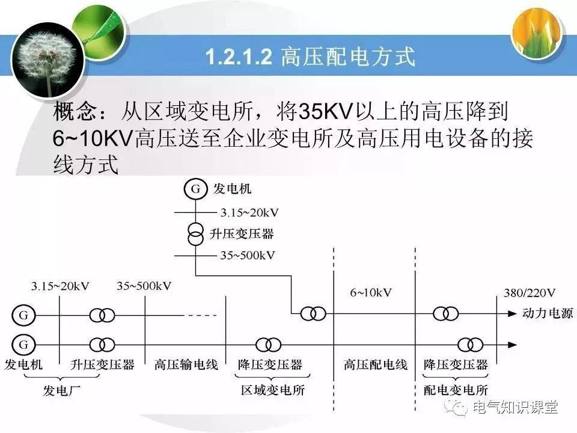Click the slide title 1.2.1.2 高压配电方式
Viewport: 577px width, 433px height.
(310, 57)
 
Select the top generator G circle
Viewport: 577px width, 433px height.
(195, 189)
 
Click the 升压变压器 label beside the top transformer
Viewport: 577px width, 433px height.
(242, 234)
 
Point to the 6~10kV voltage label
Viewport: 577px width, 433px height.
(371, 293)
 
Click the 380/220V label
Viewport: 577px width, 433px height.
(530, 293)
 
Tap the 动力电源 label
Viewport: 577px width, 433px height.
(548, 313)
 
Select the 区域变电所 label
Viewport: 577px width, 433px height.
(273, 390)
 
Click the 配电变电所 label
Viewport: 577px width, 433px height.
(456, 390)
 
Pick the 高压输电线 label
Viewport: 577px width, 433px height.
(186, 364)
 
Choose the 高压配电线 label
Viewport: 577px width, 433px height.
(375, 364)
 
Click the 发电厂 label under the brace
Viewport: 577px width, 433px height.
(61, 390)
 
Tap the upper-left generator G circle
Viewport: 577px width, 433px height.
(23, 315)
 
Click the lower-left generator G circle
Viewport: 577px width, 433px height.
(23, 345)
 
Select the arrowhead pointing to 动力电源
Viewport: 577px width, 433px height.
(512, 314)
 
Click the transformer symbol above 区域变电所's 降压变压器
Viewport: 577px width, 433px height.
(268, 345)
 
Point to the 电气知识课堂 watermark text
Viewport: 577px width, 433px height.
(515, 408)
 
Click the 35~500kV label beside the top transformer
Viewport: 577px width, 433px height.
(247, 255)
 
